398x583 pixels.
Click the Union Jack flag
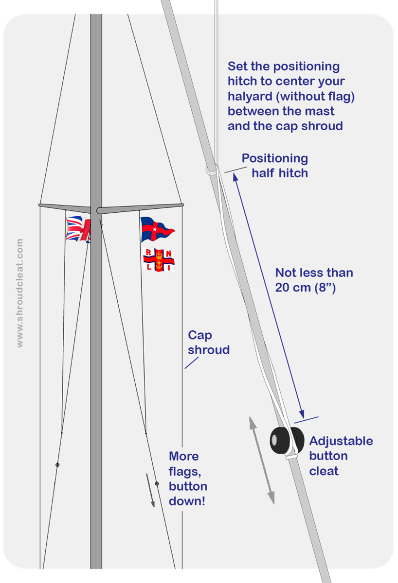78,229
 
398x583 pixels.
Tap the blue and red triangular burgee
156,229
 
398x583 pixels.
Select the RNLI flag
159,260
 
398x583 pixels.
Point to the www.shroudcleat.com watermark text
20,293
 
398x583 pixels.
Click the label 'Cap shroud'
209,342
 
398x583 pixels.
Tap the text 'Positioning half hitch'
275,166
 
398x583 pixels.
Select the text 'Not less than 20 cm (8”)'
314,280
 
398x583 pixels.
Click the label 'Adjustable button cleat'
341,456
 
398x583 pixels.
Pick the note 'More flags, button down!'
188,479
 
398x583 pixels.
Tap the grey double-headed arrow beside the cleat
262,461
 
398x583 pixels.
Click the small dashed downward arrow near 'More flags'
150,490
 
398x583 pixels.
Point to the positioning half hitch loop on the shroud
211,170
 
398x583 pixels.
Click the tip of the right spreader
183,205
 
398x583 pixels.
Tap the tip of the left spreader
39,205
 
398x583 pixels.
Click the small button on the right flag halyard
157,483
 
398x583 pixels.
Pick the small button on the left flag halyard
57,465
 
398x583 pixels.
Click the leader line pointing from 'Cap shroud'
192,363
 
